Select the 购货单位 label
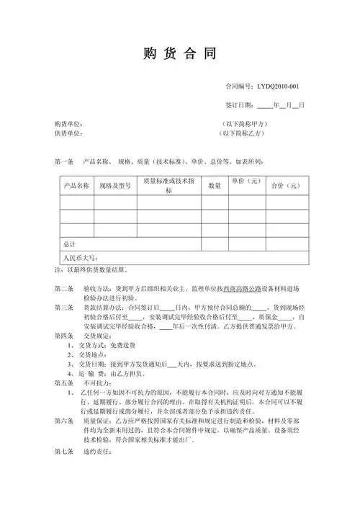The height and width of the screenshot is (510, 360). pos(68,123)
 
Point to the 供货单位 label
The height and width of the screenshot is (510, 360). pos(68,133)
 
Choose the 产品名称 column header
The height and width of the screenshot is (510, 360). pos(76,186)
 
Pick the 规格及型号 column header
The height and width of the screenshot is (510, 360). pos(115,186)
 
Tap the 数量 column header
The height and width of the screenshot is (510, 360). pos(215,186)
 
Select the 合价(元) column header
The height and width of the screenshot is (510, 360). pos(284,186)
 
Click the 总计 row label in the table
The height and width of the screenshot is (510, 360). pos(70,244)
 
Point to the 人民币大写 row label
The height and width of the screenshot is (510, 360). pos(79,258)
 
